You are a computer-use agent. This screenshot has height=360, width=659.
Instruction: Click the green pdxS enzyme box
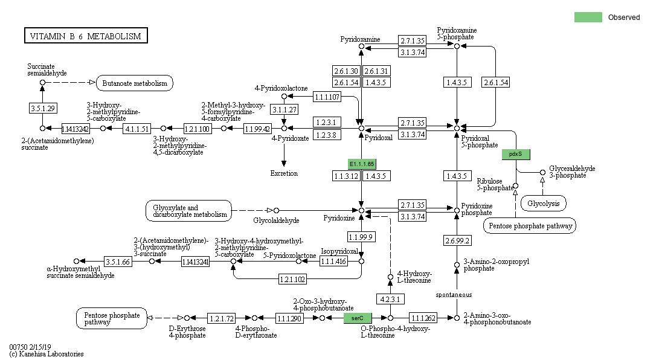516,154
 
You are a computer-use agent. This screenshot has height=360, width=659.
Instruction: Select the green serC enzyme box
357,318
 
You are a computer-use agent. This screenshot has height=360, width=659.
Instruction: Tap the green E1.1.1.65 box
362,164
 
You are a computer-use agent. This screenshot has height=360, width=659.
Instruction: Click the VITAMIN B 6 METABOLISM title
85,36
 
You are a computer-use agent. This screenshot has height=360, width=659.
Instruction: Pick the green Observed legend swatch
588,18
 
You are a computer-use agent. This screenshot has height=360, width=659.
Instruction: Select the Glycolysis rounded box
544,204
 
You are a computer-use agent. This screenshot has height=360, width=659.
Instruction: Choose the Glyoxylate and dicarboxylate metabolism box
188,211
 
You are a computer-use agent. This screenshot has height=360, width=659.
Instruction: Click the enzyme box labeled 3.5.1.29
42,108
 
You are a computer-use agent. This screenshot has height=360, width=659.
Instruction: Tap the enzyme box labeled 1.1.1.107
327,97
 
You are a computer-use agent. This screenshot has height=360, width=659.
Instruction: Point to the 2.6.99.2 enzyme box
457,240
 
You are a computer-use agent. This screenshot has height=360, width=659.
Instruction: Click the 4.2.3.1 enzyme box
390,300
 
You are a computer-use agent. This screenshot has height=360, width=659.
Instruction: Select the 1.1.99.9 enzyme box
361,236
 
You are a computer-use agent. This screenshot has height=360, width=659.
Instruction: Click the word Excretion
284,173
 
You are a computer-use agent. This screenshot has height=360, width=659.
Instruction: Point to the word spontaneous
454,295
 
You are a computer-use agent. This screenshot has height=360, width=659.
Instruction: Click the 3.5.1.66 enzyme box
118,262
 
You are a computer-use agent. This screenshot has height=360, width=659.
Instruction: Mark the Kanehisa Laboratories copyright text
47,354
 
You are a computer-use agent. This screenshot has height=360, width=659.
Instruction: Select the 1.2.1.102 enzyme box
293,279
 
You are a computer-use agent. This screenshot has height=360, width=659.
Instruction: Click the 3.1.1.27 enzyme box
284,109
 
